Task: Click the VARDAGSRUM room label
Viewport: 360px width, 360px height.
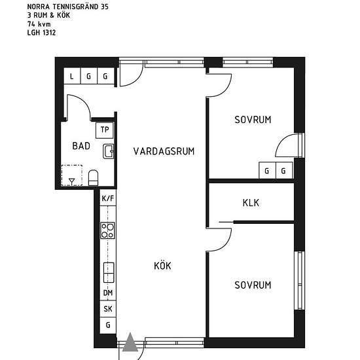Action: [164, 151]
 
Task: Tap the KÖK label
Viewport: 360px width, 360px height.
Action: [162, 265]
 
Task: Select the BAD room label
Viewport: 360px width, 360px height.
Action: [81, 146]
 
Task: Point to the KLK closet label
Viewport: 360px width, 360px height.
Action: [251, 203]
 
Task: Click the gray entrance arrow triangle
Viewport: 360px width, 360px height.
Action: [130, 342]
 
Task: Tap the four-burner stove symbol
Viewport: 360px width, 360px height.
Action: [108, 230]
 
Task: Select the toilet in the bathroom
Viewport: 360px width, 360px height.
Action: [93, 177]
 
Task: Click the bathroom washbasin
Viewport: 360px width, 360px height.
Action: [109, 151]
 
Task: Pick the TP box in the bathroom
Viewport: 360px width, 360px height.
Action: [105, 130]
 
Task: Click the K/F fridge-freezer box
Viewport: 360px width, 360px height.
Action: [108, 198]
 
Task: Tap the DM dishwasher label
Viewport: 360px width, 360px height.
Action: [108, 293]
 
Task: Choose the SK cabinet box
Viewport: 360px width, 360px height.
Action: [108, 309]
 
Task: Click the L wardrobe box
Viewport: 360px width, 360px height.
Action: [72, 76]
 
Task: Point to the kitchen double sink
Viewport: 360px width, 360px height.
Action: [109, 272]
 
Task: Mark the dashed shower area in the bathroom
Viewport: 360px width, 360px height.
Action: [72, 175]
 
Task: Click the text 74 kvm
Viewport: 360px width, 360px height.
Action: [39, 24]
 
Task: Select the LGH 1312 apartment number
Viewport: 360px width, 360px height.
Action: [41, 33]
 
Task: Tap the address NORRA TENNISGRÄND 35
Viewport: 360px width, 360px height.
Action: [67, 7]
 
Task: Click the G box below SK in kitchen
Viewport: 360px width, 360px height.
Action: [108, 325]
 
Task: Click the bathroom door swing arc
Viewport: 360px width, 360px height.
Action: [83, 101]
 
